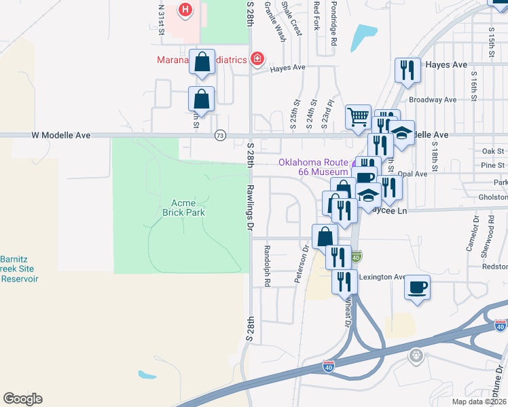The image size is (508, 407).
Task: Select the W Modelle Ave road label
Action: pyautogui.click(x=60, y=136)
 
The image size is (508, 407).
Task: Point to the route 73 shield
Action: pyautogui.click(x=219, y=136)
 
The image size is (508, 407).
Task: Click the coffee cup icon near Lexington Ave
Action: pyautogui.click(x=417, y=287)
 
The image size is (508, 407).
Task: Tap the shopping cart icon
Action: pyautogui.click(x=358, y=117)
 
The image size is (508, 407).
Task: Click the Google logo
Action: pyautogui.click(x=22, y=399)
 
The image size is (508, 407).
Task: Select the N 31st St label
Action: pyautogui.click(x=161, y=20)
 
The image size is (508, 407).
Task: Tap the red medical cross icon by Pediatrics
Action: pyautogui.click(x=257, y=60)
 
